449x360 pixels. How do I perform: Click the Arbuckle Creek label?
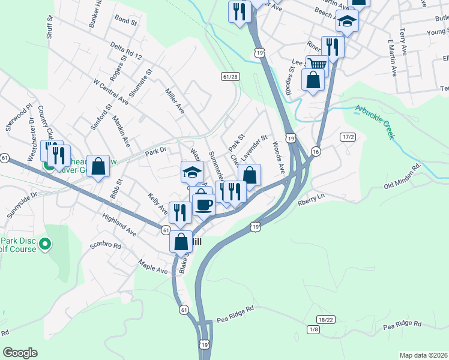coord(375,122)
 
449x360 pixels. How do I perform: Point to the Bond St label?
coord(125,20)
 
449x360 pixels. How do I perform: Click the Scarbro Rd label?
coord(105,246)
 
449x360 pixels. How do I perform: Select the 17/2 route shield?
coord(348,137)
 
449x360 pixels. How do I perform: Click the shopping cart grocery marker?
coord(317,64)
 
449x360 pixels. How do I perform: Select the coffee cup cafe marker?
coord(203,204)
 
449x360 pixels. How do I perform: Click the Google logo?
coord(20,353)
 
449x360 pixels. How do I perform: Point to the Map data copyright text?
coord(423,355)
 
